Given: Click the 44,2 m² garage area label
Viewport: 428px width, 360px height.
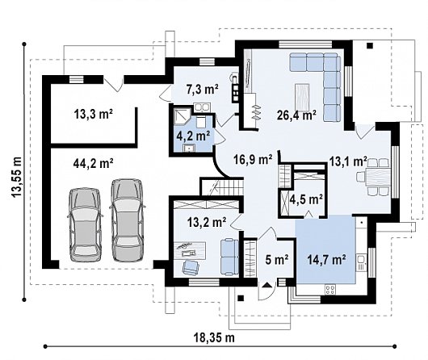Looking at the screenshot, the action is pos(94,164).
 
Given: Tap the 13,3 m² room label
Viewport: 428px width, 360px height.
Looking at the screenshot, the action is pos(94,114).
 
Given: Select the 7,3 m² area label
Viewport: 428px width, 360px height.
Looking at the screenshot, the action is pos(202,90).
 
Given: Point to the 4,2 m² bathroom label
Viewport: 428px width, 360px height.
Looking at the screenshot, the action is pos(194,136).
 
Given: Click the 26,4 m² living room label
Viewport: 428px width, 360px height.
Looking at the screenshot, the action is pos(296,115).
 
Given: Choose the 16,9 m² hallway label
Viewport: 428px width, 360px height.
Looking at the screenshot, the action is pos(253,159).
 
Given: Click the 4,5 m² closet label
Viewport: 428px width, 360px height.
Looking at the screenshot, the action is pos(306,199).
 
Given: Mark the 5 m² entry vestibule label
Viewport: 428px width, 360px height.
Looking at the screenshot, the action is pos(277,259).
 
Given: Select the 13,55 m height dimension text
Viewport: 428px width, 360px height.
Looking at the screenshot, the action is pos(17,177).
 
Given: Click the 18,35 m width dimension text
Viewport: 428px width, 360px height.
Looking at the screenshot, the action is pos(214,337).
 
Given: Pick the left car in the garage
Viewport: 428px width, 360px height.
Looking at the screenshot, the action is pos(85,224).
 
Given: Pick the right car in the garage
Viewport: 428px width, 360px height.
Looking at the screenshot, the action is pos(126,220).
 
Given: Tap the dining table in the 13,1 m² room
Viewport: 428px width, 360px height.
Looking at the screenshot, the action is pos(376,177).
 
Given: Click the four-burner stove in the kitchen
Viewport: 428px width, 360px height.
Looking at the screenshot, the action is pos(330,290).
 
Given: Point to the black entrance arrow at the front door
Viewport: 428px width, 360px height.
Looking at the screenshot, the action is pos(266,285).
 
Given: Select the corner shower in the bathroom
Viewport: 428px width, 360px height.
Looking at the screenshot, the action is pos(181,116).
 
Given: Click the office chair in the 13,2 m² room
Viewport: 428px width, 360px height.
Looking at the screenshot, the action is pos(191,266).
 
